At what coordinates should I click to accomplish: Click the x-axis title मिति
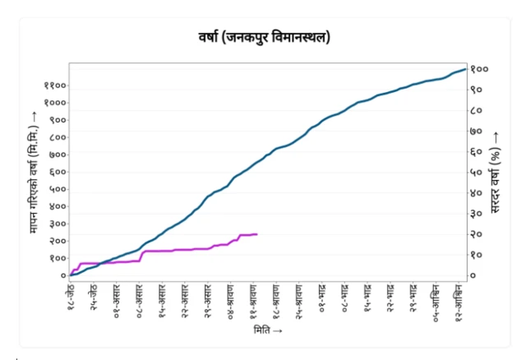(x=269, y=330)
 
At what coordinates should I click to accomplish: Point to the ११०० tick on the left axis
(x=55, y=85)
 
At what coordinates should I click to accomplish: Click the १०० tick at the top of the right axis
(x=479, y=69)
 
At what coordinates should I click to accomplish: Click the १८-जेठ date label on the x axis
(x=72, y=300)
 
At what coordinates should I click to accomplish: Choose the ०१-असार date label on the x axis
(x=118, y=300)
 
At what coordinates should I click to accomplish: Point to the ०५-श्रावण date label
(x=232, y=301)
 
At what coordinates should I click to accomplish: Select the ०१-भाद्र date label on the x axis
(x=323, y=300)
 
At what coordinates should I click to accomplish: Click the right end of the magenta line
(x=257, y=234)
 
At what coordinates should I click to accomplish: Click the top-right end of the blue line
(x=466, y=69)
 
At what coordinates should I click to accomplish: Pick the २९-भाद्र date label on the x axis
(x=414, y=300)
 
